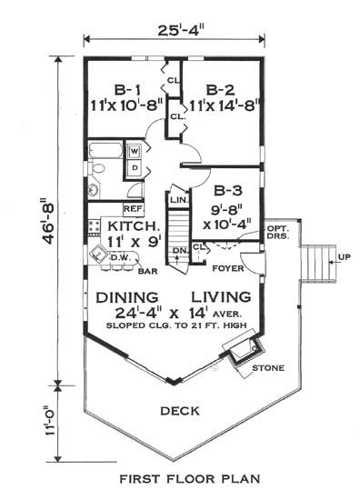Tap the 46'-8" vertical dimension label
coord(49,221)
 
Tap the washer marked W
coord(135,152)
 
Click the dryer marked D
coord(135,167)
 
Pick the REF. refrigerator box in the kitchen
coord(134,209)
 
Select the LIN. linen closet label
coord(179,201)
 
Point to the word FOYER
coord(228,268)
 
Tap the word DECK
coord(180,411)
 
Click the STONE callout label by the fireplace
coord(268,368)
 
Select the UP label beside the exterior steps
coord(345,256)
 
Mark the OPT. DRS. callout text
coord(278,233)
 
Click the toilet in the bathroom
coord(96,168)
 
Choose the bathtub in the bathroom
coord(105,150)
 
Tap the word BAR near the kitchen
coord(148,271)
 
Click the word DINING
coord(127,297)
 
